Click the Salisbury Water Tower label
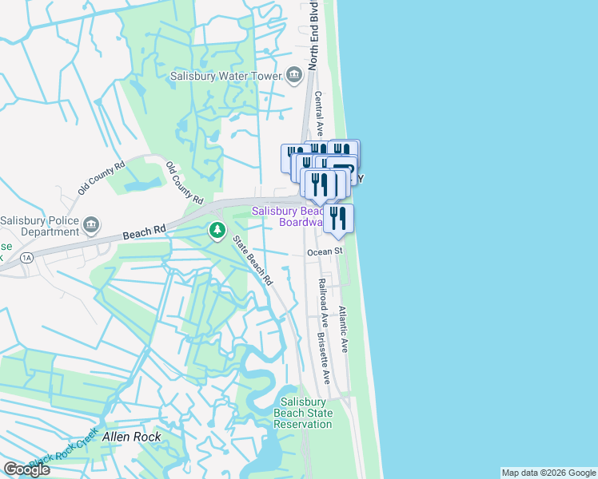pos(225,77)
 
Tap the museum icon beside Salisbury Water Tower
pos(293,77)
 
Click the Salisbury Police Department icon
pos(91,225)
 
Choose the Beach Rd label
pos(144,232)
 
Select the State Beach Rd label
pos(253,260)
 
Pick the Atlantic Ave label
pos(343,330)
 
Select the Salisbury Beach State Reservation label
pos(303,413)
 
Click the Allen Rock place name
pos(132,437)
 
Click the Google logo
pos(26,469)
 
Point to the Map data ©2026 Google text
pos(548,473)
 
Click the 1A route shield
pos(27,258)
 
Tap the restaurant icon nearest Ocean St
pos(338,218)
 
